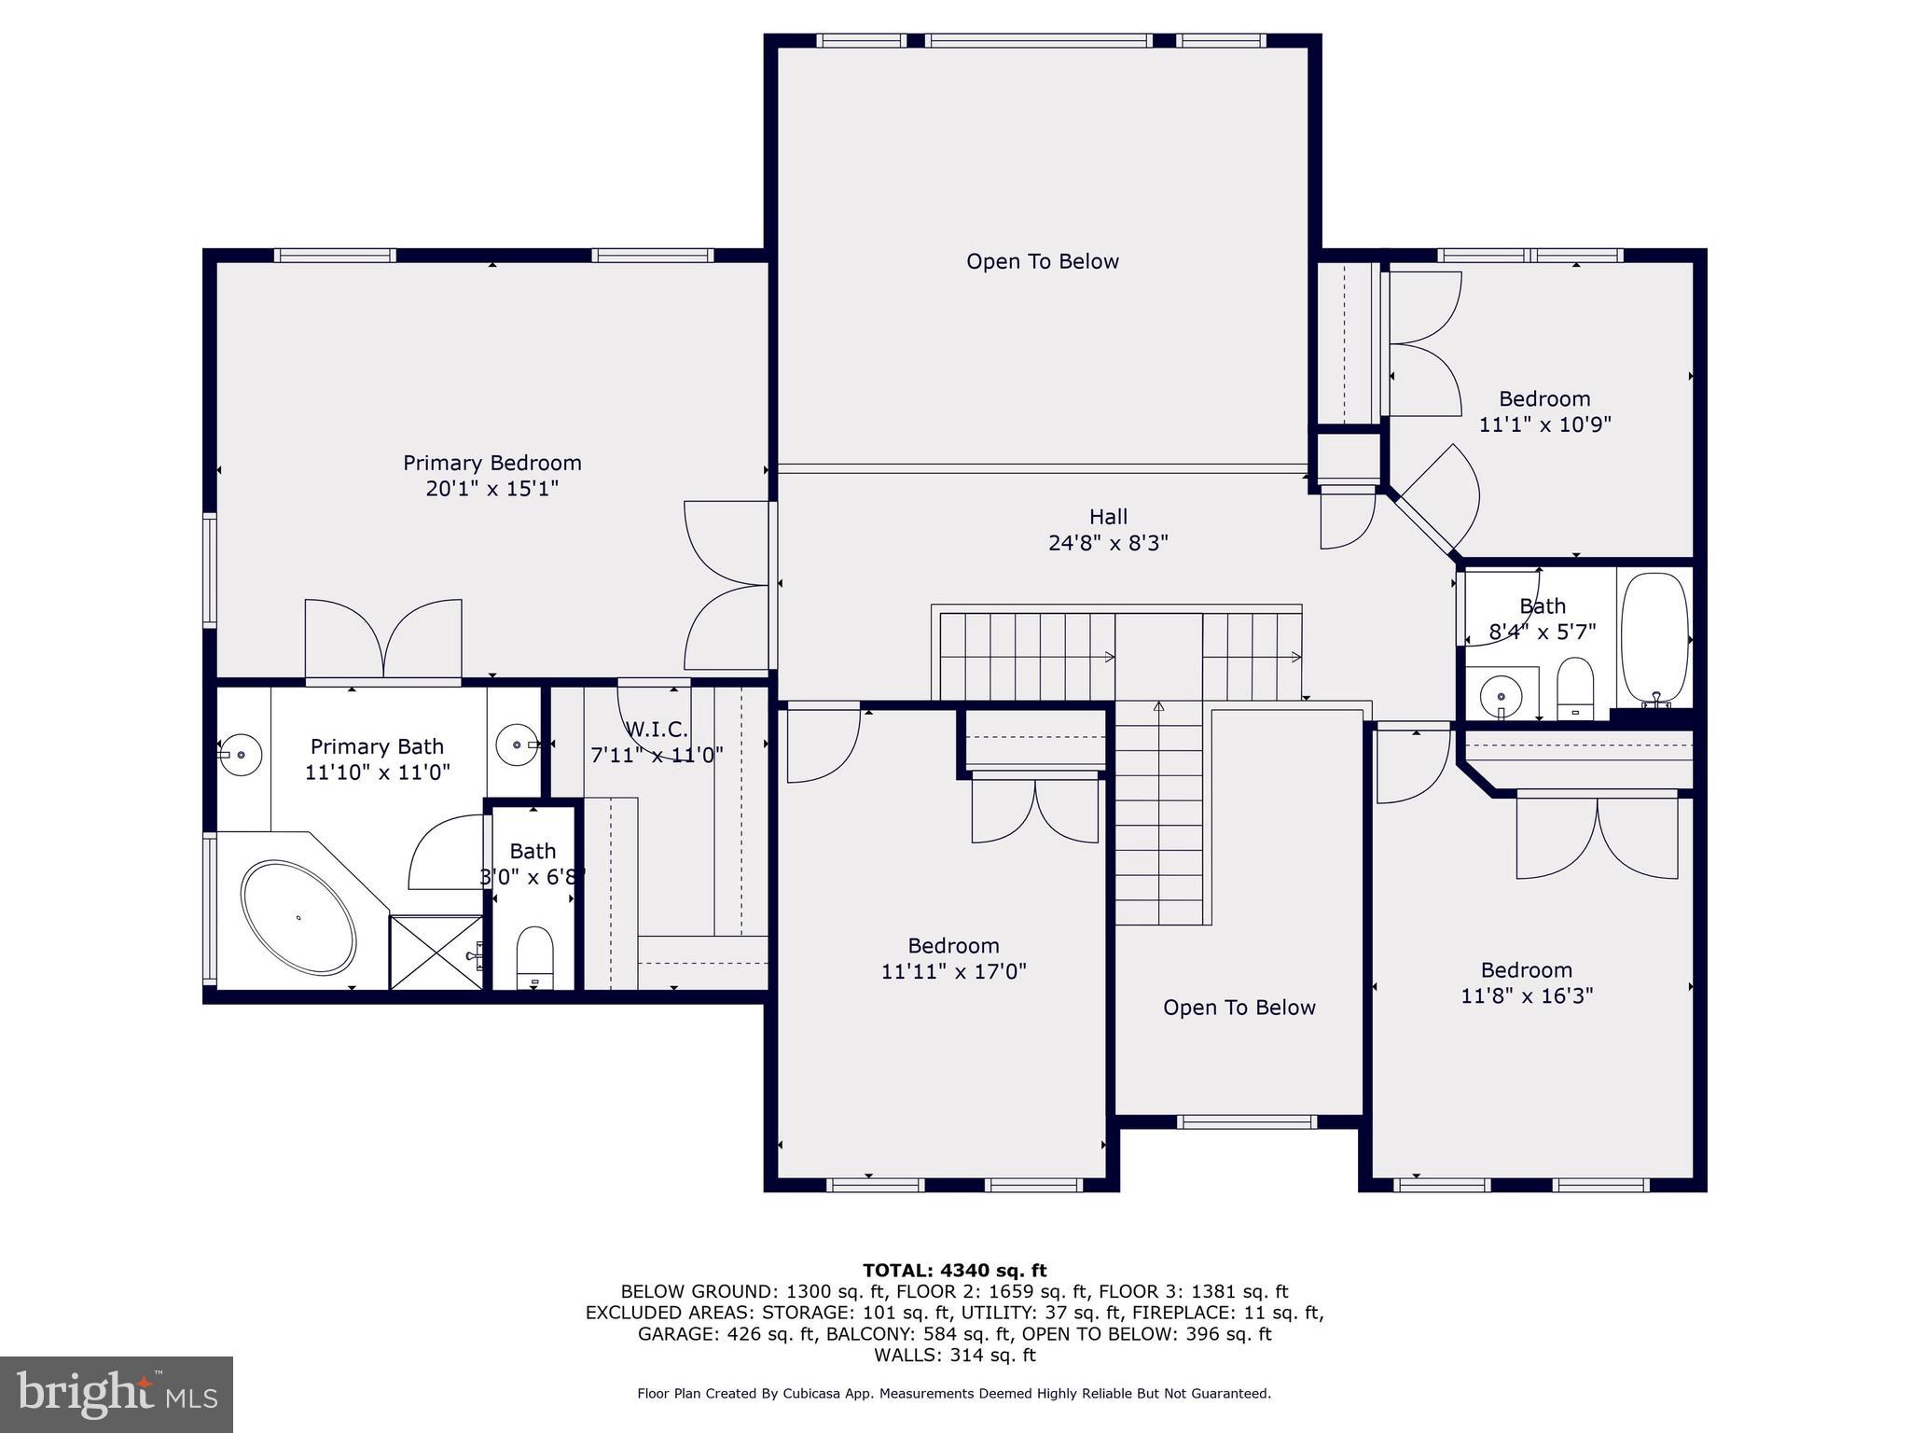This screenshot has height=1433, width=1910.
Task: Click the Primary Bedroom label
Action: [491, 463]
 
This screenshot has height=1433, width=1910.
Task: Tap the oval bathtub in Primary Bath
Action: [298, 918]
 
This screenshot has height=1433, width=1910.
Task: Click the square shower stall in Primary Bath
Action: [436, 953]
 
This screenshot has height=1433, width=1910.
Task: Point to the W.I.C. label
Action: [657, 729]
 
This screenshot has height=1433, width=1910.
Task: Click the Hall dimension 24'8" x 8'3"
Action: [1108, 543]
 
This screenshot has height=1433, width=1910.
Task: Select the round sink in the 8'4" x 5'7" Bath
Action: [1501, 695]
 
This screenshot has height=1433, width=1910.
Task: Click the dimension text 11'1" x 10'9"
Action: [1544, 424]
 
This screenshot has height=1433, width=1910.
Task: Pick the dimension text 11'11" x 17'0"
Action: [953, 971]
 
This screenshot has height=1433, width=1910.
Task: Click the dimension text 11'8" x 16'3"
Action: [1526, 995]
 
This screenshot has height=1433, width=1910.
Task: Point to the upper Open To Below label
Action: [1042, 262]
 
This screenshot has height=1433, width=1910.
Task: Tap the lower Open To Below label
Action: [1239, 1008]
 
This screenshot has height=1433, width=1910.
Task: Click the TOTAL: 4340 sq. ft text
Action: [954, 1271]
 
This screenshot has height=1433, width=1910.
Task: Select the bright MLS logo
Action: [117, 1394]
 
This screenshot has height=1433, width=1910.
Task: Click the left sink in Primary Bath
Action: [242, 754]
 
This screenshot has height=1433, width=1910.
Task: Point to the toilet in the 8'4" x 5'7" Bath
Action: [1575, 689]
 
